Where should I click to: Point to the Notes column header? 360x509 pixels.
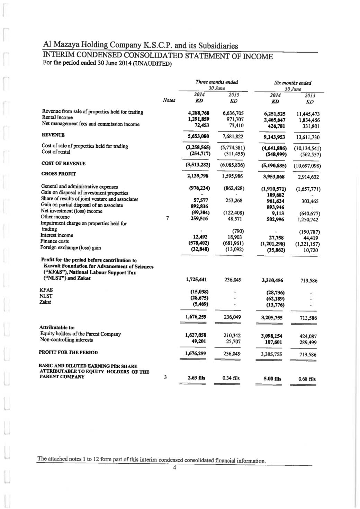tap(169, 101)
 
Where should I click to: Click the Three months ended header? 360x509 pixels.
tap(217, 82)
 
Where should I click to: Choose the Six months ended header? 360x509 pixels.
tap(292, 83)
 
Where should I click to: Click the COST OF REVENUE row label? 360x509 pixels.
tap(63, 163)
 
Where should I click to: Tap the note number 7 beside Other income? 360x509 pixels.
tap(168, 218)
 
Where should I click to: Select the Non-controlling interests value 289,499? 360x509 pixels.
tap(308, 342)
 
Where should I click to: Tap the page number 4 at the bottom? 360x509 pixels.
tap(174, 468)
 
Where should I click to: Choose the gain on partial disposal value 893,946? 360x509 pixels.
tap(274, 208)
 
